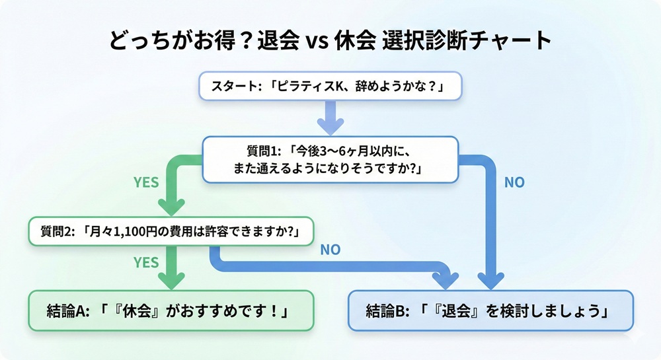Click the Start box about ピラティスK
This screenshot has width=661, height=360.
tap(330, 87)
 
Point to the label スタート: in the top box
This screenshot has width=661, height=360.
tap(235, 87)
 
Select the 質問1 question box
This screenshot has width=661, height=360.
tap(330, 159)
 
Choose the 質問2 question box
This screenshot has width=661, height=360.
tap(171, 232)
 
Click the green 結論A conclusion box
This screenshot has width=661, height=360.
tap(170, 310)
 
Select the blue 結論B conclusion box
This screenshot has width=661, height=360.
tap(490, 310)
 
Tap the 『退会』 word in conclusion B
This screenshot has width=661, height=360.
tap(451, 310)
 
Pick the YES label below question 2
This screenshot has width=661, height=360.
tap(146, 262)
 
